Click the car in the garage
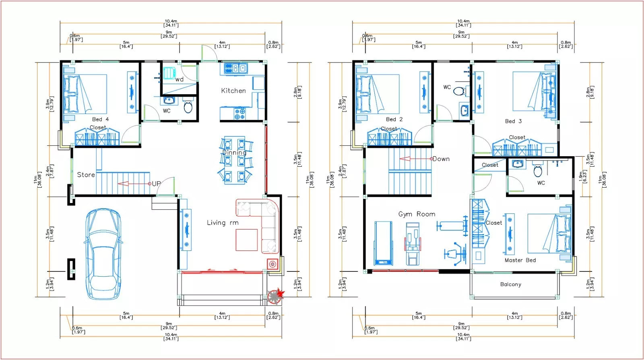(x=103, y=254)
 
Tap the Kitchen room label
(x=233, y=91)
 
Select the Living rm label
(x=223, y=223)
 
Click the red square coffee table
(x=246, y=240)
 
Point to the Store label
(x=86, y=175)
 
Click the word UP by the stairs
(x=156, y=184)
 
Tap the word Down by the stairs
(x=441, y=159)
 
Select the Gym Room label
(x=417, y=214)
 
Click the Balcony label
(x=510, y=284)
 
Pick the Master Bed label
(x=520, y=260)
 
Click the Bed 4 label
(x=100, y=119)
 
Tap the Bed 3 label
(x=513, y=121)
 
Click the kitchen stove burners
(x=239, y=114)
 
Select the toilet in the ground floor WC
(x=188, y=107)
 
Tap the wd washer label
(x=179, y=79)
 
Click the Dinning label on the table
(x=234, y=153)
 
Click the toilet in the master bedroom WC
(x=538, y=171)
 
